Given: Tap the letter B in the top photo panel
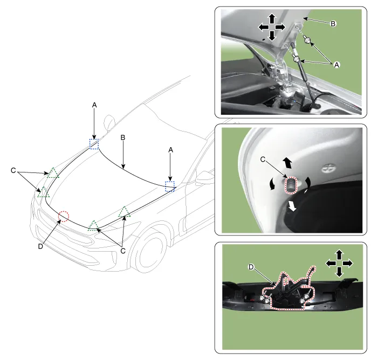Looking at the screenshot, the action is [x=333, y=24].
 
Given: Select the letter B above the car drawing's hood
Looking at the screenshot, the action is [x=123, y=137].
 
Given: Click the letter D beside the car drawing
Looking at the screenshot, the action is [x=40, y=246].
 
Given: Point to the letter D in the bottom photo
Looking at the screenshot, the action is [x=251, y=267].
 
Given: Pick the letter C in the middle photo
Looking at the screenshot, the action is [x=263, y=160].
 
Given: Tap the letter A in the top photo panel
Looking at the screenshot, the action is [x=336, y=65].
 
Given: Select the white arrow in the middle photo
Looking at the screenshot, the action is [x=292, y=207].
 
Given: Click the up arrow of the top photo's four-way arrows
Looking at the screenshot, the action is [x=272, y=18].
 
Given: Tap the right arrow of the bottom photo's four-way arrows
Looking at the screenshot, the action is [x=347, y=263].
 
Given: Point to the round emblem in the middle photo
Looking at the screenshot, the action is [x=329, y=168].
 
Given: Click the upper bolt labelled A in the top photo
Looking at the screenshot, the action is [x=307, y=40].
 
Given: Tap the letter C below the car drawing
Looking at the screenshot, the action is [x=123, y=251].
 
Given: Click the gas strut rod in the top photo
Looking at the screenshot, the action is [x=304, y=75].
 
